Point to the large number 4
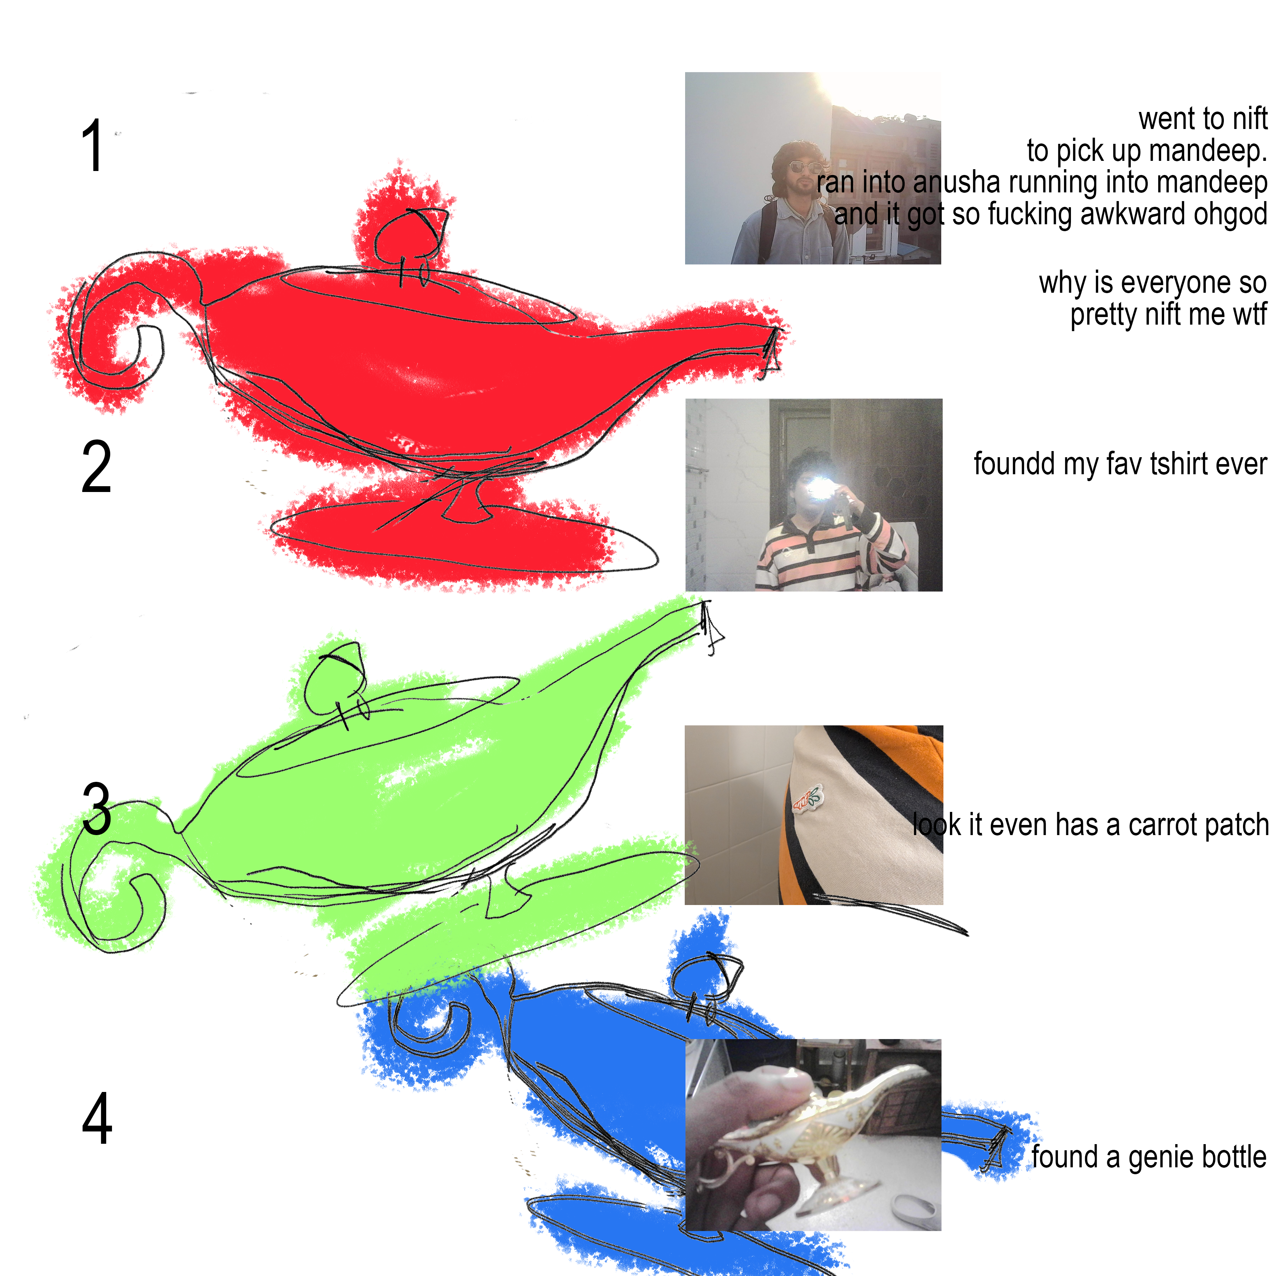pyautogui.click(x=97, y=1118)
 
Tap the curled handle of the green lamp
pyautogui.click(x=112, y=879)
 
